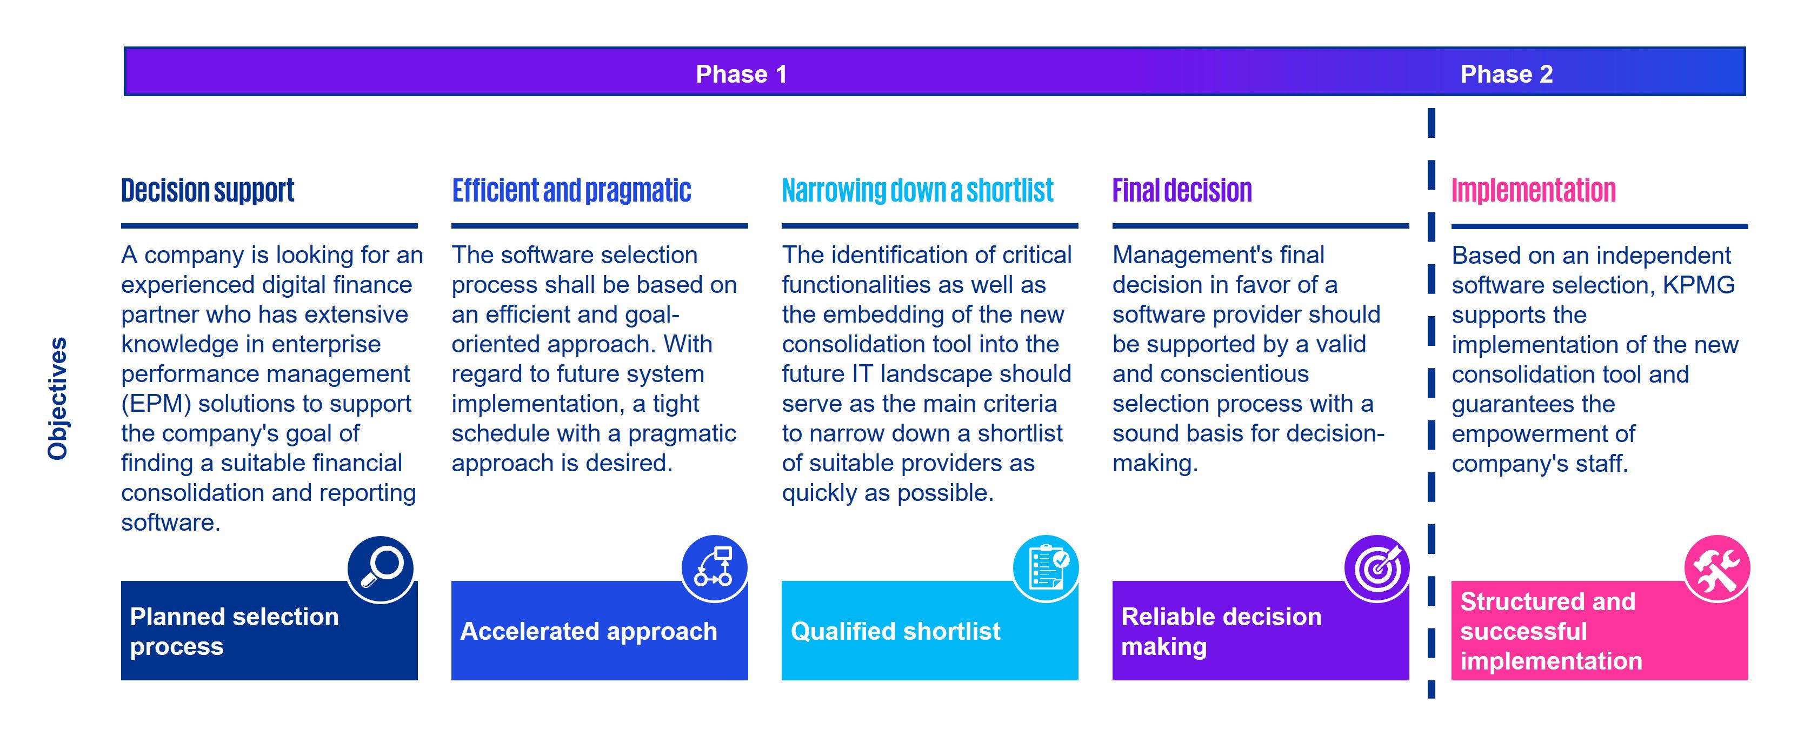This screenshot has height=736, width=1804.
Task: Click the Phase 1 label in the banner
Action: click(x=741, y=74)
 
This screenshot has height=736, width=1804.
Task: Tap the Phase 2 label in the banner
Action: click(x=1506, y=74)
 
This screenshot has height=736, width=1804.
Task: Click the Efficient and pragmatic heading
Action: click(x=571, y=190)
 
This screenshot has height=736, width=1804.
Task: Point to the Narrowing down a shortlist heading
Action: click(x=917, y=190)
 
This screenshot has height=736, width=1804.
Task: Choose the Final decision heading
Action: click(x=1182, y=190)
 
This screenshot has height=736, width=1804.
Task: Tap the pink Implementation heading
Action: click(x=1534, y=190)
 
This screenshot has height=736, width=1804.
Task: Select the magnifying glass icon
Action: click(x=380, y=568)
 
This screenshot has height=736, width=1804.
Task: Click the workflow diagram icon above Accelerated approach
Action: click(x=714, y=568)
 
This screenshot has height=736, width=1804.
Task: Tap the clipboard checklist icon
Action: click(x=1046, y=568)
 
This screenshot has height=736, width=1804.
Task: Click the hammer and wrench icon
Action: click(x=1716, y=568)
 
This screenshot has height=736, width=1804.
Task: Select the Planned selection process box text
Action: click(x=234, y=631)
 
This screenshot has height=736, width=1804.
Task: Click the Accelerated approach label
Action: click(x=588, y=631)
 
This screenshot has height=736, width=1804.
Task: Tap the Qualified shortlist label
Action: click(x=896, y=631)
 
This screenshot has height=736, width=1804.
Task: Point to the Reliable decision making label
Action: click(x=1221, y=631)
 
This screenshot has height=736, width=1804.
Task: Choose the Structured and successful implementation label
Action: click(x=1551, y=631)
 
